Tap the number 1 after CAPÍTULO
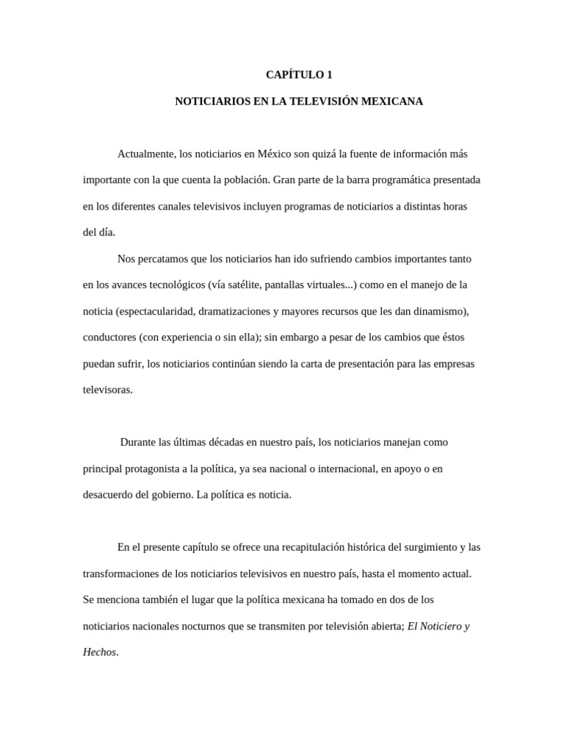(x=330, y=75)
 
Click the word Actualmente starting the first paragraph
(x=146, y=154)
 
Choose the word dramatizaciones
(x=234, y=311)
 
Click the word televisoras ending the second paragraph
(x=107, y=390)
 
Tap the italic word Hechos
(x=99, y=652)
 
